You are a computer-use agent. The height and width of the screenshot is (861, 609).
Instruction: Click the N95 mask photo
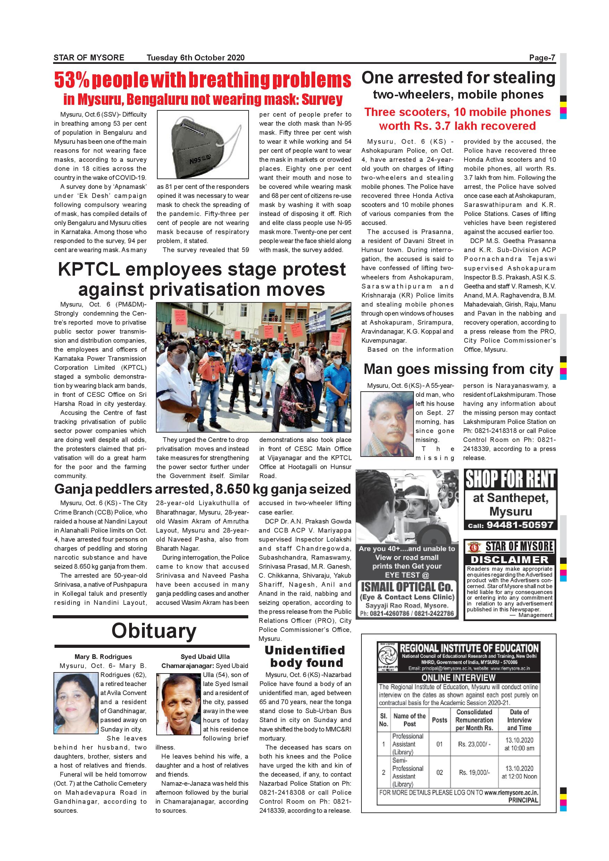pyautogui.click(x=202, y=144)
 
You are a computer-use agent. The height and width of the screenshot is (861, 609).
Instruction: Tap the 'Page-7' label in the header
pyautogui.click(x=542, y=57)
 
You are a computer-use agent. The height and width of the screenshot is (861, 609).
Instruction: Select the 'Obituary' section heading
pyautogui.click(x=154, y=631)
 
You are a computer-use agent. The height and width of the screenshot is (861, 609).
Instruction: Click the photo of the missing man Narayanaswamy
pyautogui.click(x=387, y=424)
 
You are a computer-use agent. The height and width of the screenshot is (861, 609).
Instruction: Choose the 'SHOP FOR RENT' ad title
pyautogui.click(x=510, y=479)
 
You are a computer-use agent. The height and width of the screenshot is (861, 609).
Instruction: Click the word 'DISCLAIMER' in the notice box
pyautogui.click(x=509, y=560)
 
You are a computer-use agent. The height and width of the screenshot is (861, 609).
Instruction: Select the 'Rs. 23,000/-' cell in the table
pyautogui.click(x=474, y=744)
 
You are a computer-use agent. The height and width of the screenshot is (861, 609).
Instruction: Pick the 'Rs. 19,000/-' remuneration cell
pyautogui.click(x=474, y=772)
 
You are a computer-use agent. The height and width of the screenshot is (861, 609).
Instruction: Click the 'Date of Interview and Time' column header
pyautogui.click(x=519, y=720)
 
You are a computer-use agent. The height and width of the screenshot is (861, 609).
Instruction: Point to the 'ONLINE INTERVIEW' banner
pyautogui.click(x=458, y=678)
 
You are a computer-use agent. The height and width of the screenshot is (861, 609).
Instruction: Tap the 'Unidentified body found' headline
pyautogui.click(x=305, y=656)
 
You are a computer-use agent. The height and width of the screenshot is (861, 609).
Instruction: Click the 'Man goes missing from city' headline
pyautogui.click(x=458, y=369)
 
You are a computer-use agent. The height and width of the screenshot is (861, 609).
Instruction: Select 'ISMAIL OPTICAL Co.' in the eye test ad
pyautogui.click(x=407, y=587)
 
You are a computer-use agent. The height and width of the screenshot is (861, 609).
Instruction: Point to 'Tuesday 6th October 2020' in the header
pyautogui.click(x=195, y=57)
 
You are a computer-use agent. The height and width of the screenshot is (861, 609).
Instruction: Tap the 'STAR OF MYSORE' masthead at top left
pyautogui.click(x=89, y=57)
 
